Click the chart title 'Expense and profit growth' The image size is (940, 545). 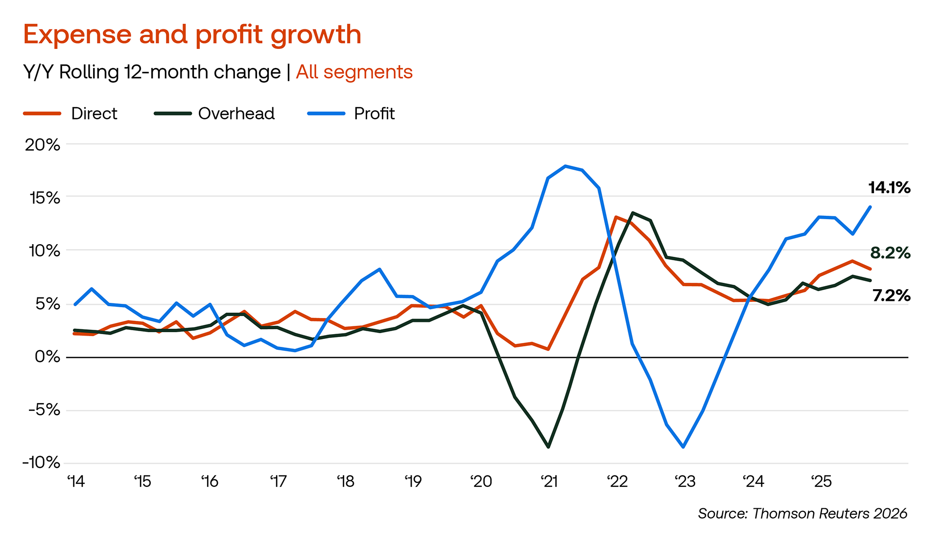coord(192,35)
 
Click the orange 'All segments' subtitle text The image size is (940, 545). coord(354,72)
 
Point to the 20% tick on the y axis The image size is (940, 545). coord(43,145)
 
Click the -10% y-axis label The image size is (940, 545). coord(41,462)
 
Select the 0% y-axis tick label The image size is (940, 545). coord(47,357)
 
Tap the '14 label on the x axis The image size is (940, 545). coord(76,482)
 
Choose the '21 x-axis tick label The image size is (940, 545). coord(549,482)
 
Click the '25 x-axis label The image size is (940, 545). coord(821,482)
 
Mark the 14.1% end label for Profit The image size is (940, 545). coord(889,188)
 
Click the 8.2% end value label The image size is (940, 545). coord(890,253)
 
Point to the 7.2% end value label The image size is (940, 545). coord(891,295)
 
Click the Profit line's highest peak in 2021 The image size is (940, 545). coord(565,166)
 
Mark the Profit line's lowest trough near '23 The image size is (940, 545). coord(683,447)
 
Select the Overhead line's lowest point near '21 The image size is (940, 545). coord(548,447)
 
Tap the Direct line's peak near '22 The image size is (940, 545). coord(616,217)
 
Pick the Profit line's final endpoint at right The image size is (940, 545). coord(870,207)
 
